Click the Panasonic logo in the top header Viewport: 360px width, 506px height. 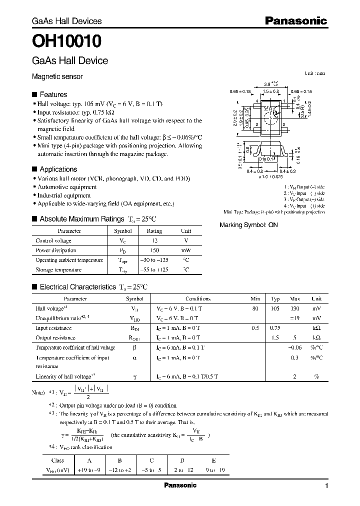point(295,21)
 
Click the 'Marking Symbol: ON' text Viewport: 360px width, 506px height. point(248,225)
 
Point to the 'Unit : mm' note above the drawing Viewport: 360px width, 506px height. point(314,73)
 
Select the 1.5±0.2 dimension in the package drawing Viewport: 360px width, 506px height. point(270,92)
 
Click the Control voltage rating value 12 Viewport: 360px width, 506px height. point(154,240)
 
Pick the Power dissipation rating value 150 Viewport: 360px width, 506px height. point(154,250)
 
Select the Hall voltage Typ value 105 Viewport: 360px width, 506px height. point(275,308)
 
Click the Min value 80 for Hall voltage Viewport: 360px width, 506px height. point(255,308)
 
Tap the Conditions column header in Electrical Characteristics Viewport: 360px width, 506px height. point(198,298)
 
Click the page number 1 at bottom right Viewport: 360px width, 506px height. point(326,486)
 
